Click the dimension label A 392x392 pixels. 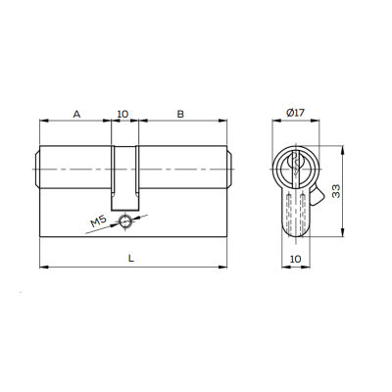pyautogui.click(x=76, y=114)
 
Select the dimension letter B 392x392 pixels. pyautogui.click(x=179, y=114)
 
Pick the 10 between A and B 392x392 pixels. pyautogui.click(x=123, y=114)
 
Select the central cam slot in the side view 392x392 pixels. pyautogui.click(x=124, y=176)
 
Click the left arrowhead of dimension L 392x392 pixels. pyautogui.click(x=42, y=266)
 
